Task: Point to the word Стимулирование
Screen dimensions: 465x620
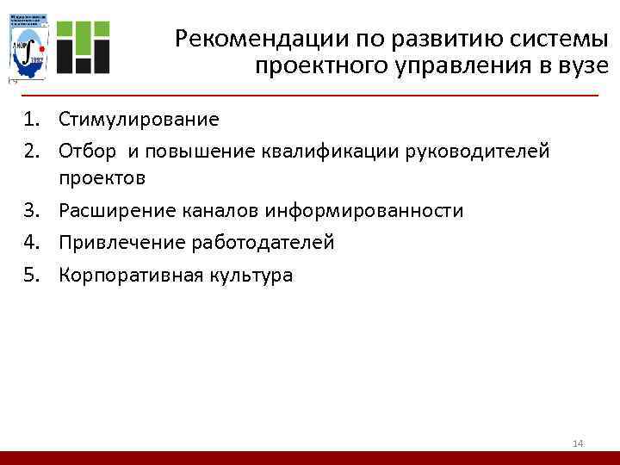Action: [139, 120]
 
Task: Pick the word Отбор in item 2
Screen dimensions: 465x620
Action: [87, 152]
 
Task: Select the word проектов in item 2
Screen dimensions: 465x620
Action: [102, 178]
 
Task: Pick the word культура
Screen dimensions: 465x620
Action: [250, 276]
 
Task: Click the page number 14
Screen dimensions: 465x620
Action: [578, 443]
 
